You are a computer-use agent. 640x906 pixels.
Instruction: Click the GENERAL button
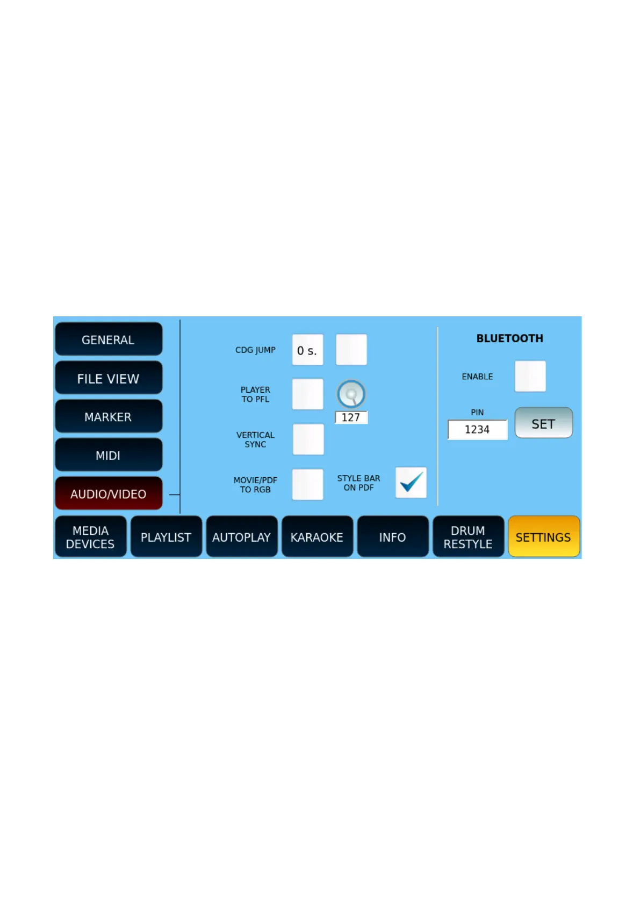pyautogui.click(x=108, y=339)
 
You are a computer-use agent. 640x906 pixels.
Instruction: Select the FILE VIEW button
pyautogui.click(x=108, y=378)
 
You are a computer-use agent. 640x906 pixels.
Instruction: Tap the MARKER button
pyautogui.click(x=108, y=416)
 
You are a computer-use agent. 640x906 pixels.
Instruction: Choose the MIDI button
pyautogui.click(x=108, y=455)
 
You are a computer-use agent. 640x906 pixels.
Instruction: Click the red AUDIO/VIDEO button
pyautogui.click(x=108, y=493)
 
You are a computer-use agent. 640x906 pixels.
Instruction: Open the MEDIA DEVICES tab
pyautogui.click(x=90, y=537)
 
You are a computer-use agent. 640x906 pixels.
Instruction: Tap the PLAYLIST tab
pyautogui.click(x=166, y=537)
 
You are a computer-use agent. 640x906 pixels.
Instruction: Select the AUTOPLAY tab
pyautogui.click(x=241, y=537)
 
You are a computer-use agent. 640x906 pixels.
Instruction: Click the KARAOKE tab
pyautogui.click(x=317, y=537)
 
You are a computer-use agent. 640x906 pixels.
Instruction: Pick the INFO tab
pyautogui.click(x=392, y=537)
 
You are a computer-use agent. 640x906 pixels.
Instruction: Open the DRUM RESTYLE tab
pyautogui.click(x=468, y=537)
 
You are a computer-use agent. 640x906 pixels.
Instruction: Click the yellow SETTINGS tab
pyautogui.click(x=543, y=537)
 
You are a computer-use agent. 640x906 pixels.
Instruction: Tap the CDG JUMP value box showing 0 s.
pyautogui.click(x=307, y=350)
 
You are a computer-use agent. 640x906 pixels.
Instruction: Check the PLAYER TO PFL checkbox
pyautogui.click(x=307, y=394)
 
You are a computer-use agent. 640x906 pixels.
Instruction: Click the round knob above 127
pyautogui.click(x=351, y=394)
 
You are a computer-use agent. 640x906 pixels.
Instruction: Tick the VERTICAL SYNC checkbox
pyautogui.click(x=308, y=439)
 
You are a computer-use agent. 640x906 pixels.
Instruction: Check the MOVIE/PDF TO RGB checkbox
pyautogui.click(x=307, y=484)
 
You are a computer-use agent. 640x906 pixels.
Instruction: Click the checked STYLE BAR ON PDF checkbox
pyautogui.click(x=411, y=483)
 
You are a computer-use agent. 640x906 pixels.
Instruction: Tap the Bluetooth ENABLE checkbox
pyautogui.click(x=530, y=376)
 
